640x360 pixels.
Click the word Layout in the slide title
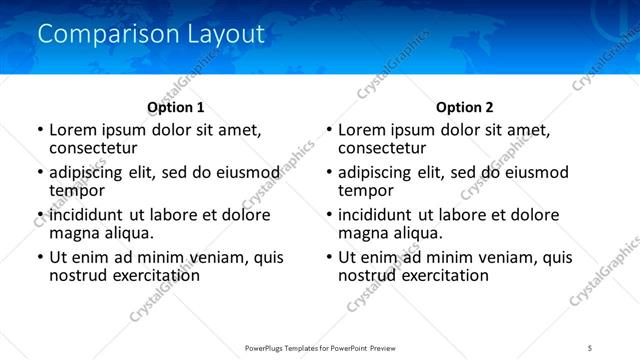click(226, 34)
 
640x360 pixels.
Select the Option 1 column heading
click(175, 107)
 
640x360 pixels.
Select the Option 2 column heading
click(465, 107)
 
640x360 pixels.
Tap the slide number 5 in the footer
click(589, 347)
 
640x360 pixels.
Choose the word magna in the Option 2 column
click(363, 233)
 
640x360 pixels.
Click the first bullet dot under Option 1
click(39, 130)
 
